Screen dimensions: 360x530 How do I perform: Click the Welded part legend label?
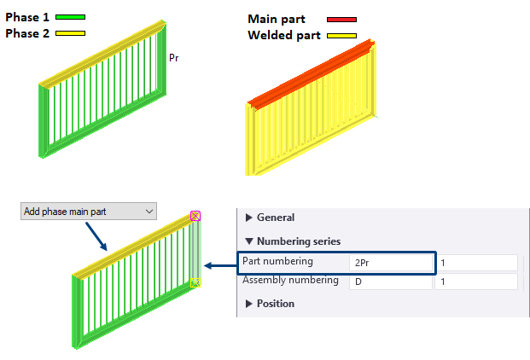[284, 35]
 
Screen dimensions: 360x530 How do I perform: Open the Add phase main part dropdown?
[88, 212]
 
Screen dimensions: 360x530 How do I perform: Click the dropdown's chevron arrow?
[149, 212]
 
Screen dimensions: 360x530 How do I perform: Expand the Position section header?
[275, 304]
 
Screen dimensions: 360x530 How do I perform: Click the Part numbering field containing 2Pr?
[390, 263]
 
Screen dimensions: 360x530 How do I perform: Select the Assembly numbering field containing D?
[390, 281]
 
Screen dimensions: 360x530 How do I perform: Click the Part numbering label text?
[278, 261]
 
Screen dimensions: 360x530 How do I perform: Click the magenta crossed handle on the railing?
[195, 217]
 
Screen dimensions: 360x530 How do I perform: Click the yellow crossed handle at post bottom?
[195, 282]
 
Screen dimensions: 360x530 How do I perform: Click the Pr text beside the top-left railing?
[173, 58]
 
